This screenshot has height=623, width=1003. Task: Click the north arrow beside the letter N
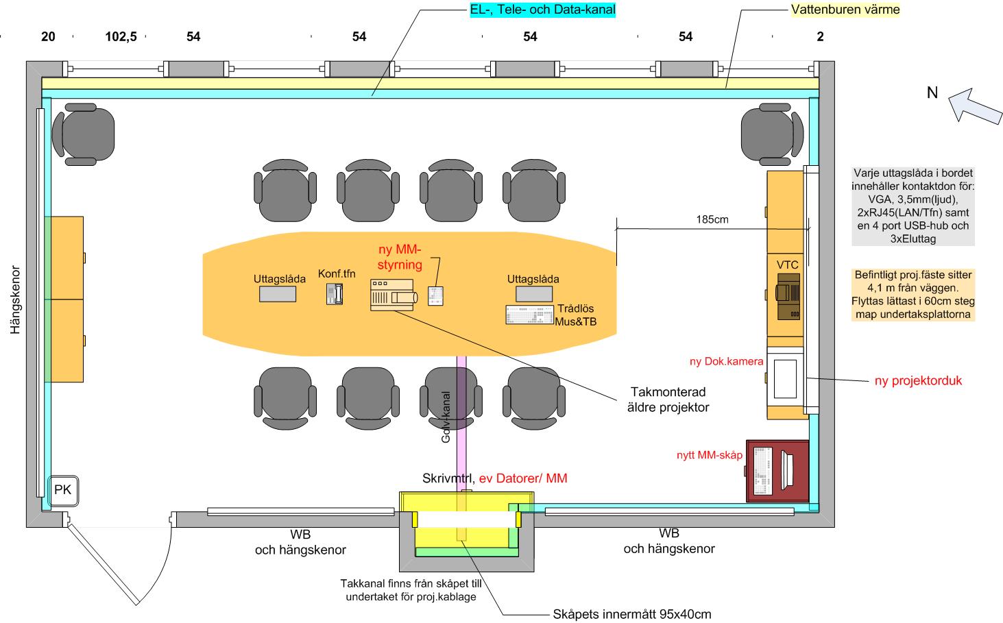(974, 107)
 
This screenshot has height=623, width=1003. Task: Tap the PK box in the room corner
(63, 491)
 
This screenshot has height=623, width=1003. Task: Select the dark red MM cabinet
(777, 470)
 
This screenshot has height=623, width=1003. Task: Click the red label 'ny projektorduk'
(918, 381)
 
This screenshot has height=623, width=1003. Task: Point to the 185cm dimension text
(712, 220)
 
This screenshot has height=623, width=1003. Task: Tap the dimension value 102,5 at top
(121, 37)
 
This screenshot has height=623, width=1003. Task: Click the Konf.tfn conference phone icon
(335, 294)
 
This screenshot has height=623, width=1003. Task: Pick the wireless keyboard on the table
(529, 315)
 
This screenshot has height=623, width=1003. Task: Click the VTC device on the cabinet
(788, 295)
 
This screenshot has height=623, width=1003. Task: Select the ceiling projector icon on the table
(394, 295)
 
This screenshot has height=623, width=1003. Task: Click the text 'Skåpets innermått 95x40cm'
(631, 613)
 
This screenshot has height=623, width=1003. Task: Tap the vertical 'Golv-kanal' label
(446, 416)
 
